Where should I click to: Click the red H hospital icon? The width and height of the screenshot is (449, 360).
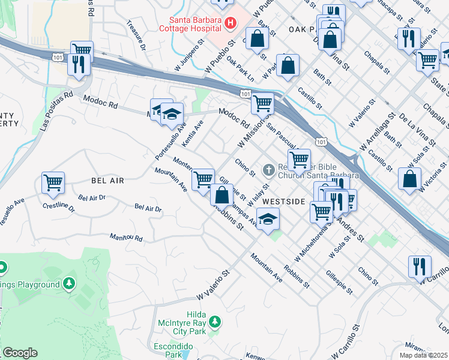pyautogui.click(x=230, y=23)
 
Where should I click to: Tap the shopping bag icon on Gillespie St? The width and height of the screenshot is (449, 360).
pyautogui.click(x=222, y=195)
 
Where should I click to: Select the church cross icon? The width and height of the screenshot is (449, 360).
pyautogui.click(x=268, y=171)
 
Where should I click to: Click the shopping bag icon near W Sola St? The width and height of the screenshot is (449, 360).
pyautogui.click(x=409, y=178)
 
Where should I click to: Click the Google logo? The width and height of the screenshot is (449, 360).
pyautogui.click(x=20, y=353)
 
